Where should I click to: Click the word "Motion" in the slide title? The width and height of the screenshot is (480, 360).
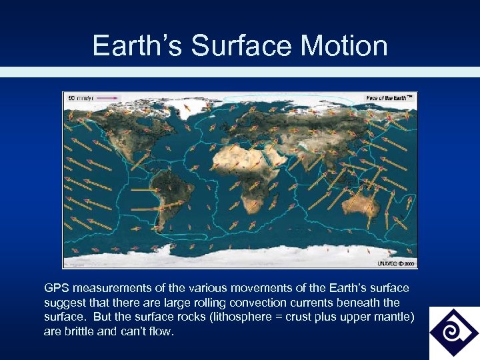coord(344,45)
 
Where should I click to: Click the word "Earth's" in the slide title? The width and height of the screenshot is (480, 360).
coord(137,45)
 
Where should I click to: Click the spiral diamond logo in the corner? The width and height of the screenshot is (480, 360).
coord(453,332)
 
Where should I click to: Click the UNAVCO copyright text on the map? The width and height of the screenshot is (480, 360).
coord(397,263)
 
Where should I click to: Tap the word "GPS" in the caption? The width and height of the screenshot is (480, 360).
coord(57,288)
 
